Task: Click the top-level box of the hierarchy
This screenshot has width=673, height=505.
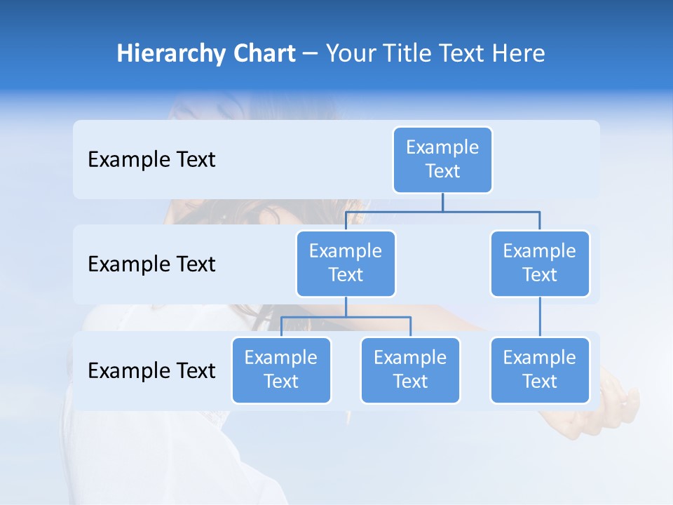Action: point(442,159)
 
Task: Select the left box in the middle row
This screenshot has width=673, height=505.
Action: point(346,263)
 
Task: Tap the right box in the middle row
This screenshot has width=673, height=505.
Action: point(540,263)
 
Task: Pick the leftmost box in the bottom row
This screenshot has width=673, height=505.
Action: point(281,370)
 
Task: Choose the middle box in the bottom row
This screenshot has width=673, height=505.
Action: point(410,370)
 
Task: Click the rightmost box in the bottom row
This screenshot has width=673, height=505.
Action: point(540,370)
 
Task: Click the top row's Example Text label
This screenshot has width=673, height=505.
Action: point(151,159)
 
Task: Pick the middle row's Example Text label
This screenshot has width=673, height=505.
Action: point(151,264)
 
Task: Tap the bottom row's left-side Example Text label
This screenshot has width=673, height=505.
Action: point(151,370)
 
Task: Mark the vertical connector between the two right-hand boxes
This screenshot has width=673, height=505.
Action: point(540,317)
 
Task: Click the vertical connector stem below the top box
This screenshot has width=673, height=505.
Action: point(442,202)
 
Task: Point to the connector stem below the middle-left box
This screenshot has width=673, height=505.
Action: point(346,307)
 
